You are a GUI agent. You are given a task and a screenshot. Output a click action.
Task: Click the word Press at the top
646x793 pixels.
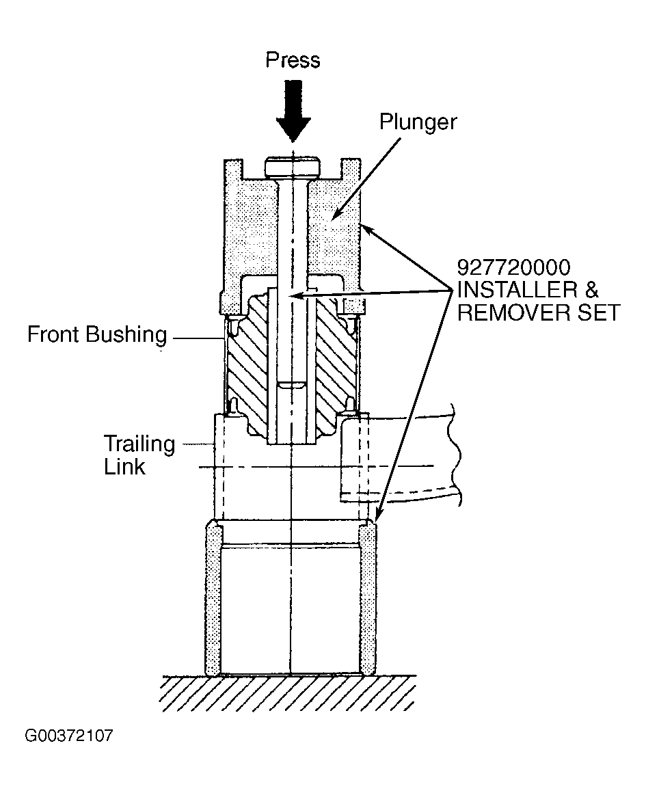click(293, 60)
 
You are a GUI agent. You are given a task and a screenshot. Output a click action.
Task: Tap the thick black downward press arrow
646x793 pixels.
click(293, 111)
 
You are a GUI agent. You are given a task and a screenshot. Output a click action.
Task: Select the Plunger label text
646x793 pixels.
click(418, 122)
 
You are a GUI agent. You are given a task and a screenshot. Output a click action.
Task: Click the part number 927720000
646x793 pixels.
click(513, 267)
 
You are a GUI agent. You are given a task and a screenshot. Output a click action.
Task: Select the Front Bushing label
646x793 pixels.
click(97, 335)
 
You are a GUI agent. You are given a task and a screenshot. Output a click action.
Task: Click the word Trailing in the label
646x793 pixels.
click(139, 444)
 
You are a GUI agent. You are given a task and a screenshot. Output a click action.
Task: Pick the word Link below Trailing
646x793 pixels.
click(124, 466)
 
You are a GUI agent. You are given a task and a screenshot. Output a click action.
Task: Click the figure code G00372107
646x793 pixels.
click(69, 736)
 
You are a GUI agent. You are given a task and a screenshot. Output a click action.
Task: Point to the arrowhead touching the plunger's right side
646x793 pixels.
click(368, 230)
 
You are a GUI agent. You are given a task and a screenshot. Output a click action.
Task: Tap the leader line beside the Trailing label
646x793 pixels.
click(199, 444)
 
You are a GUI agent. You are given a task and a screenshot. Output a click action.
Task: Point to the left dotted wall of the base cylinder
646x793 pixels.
click(213, 600)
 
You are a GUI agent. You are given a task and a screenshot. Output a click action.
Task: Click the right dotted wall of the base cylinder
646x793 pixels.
click(368, 600)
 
